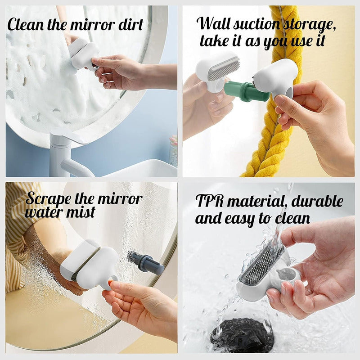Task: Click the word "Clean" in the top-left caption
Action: click(x=26, y=25)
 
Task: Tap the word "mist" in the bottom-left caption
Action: click(x=81, y=212)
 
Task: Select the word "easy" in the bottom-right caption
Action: click(x=240, y=219)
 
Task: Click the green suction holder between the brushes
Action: click(x=246, y=91)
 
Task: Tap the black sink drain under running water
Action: click(x=243, y=336)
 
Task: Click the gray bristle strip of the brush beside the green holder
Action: click(x=224, y=68)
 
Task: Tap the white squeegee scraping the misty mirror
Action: click(x=90, y=264)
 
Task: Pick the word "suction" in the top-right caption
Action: click(x=256, y=24)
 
